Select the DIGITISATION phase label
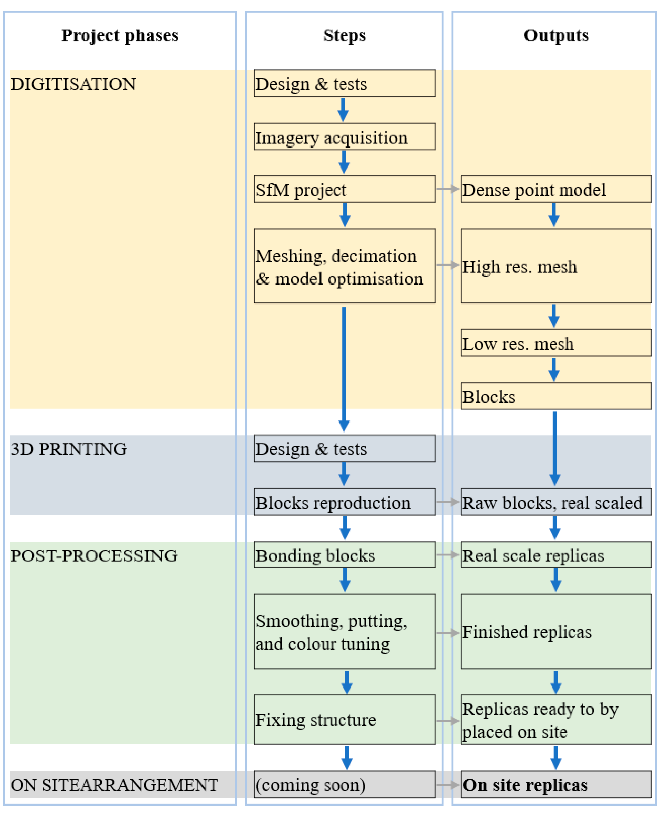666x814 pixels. coord(73,84)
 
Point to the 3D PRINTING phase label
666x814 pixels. coord(69,449)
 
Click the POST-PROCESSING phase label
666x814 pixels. coord(94,555)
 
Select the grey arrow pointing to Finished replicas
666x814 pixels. coord(448,632)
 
